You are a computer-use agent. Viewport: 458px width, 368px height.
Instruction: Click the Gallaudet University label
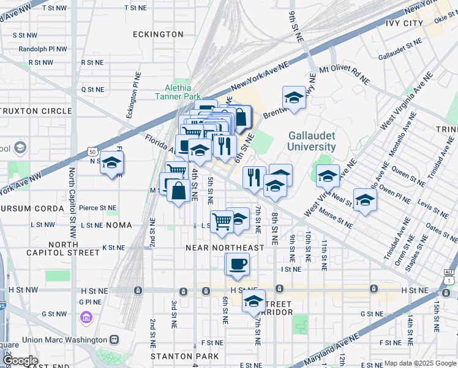(x=312, y=141)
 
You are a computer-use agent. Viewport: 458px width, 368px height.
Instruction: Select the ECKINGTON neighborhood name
(x=159, y=35)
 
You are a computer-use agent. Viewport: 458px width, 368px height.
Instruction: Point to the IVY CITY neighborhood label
(x=405, y=23)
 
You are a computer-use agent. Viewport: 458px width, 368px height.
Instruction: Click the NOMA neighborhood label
(x=118, y=225)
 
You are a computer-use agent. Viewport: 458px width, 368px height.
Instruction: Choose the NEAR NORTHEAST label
(x=225, y=248)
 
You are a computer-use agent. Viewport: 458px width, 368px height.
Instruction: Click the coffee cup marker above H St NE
(x=238, y=264)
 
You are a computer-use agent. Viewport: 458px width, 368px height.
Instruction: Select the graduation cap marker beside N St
(x=111, y=163)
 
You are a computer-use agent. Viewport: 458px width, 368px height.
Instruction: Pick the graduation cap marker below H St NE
(x=253, y=302)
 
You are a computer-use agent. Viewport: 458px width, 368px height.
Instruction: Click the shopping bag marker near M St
(x=178, y=191)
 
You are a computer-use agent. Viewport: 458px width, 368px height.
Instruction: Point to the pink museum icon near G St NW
(x=86, y=317)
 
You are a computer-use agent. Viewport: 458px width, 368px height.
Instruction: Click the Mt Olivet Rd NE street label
(x=345, y=74)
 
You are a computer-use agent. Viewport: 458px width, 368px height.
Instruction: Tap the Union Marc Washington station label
(x=64, y=339)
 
